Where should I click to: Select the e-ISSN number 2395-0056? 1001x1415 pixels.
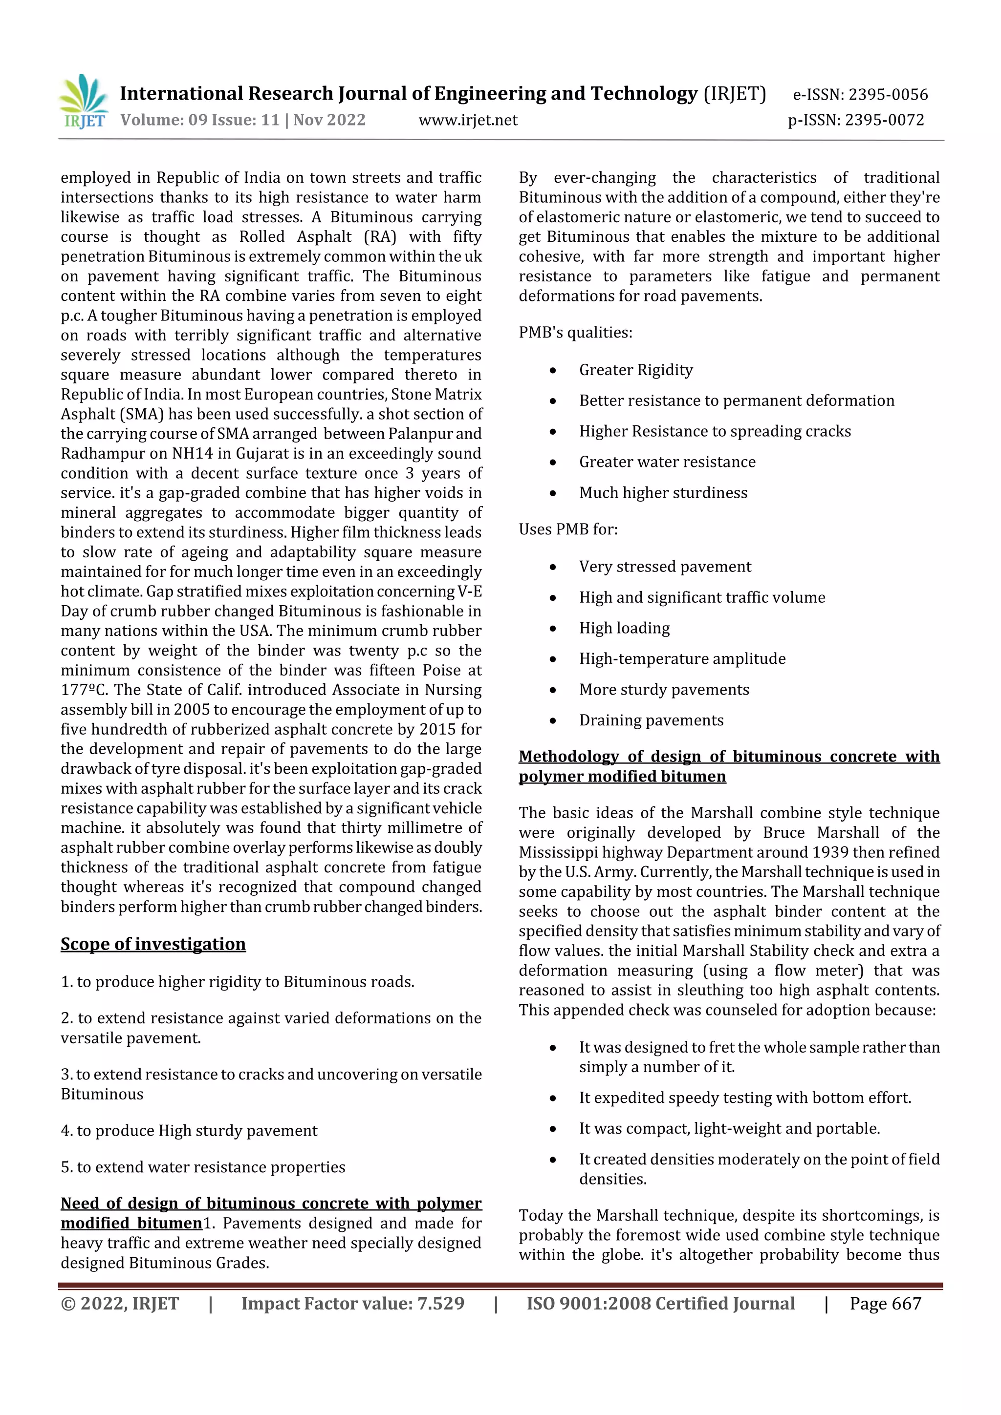(x=860, y=94)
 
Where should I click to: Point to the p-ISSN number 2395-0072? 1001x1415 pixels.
(x=856, y=120)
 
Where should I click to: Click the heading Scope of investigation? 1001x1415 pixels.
(x=153, y=944)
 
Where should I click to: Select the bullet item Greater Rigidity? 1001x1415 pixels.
(x=635, y=370)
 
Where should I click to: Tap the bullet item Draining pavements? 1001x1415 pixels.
(x=651, y=720)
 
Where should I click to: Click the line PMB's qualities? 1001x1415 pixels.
(x=575, y=333)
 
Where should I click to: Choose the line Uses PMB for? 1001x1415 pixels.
(x=567, y=529)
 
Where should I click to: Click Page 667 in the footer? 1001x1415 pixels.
(x=885, y=1304)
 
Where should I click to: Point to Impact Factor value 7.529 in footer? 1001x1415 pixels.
(x=352, y=1304)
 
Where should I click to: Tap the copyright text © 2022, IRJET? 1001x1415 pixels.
(x=120, y=1304)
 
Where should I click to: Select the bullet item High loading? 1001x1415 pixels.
(x=624, y=628)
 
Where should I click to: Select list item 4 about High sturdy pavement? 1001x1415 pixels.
(x=189, y=1130)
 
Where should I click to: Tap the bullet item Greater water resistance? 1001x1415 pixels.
(x=667, y=462)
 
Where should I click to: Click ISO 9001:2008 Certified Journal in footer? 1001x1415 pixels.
(x=660, y=1304)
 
